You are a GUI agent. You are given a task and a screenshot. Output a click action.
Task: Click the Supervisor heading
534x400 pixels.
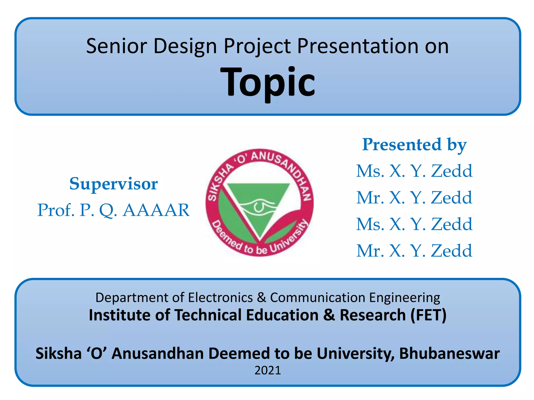113,184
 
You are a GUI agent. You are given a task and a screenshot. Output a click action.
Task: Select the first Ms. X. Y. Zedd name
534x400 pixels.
414,171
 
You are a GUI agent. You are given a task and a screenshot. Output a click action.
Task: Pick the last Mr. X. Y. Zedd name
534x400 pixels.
414,251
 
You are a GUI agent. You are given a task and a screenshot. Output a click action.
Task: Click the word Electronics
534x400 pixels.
220,297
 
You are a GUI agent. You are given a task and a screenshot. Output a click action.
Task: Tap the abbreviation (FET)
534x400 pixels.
428,315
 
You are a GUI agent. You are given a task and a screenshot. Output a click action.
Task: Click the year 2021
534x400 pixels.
268,370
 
